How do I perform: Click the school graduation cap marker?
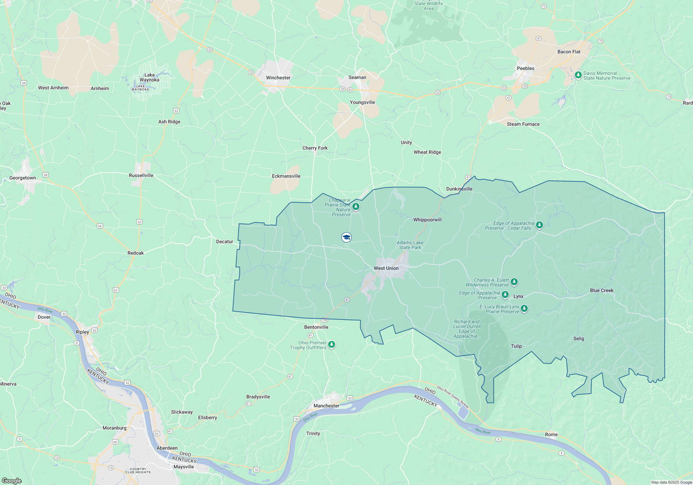[x=346, y=237]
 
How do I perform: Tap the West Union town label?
[x=386, y=268]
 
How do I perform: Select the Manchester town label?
[x=326, y=406]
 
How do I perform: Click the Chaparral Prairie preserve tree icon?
[x=356, y=207]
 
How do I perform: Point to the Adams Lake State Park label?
[x=410, y=245]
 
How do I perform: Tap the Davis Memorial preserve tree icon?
[x=578, y=75]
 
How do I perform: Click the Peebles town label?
[x=525, y=68]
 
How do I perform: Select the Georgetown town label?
[x=23, y=178]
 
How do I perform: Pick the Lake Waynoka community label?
[x=149, y=77]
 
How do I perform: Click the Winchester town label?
[x=278, y=78]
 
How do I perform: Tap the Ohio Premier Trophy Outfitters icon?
[x=332, y=344]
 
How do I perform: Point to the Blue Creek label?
[x=602, y=290]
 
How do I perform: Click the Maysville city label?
[x=184, y=467]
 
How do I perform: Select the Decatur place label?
[x=225, y=241]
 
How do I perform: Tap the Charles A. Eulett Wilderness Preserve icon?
[x=514, y=282]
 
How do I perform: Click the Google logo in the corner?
[x=11, y=481]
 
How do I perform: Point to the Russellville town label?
[x=141, y=175]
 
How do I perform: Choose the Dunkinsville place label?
[x=459, y=189]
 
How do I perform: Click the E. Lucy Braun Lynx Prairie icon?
[x=524, y=308]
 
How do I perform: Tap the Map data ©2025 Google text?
[x=672, y=482]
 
